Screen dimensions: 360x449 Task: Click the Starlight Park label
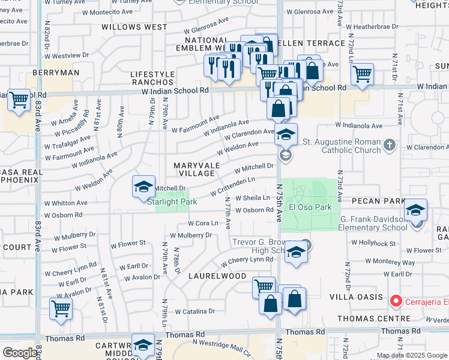tap(167, 202)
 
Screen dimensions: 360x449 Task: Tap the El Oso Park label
tap(310, 207)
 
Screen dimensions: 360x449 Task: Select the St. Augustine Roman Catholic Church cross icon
tap(389, 145)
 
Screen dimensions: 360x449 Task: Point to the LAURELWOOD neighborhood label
tap(217, 276)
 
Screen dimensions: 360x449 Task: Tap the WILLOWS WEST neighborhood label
tap(134, 27)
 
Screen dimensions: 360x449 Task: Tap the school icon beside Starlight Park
tap(144, 188)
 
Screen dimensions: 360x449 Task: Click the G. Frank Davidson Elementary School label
tap(373, 223)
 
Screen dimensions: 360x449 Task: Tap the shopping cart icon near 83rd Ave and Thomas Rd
tap(61, 309)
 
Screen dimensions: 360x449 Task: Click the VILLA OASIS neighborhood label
tap(356, 297)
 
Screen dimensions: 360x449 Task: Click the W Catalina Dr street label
tap(194, 311)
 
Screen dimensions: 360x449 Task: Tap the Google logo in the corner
tap(19, 353)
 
